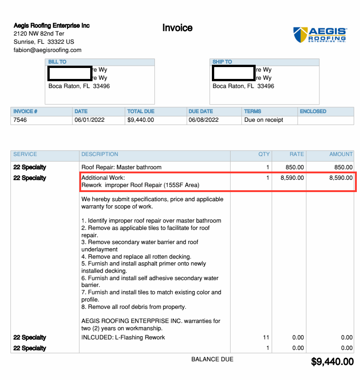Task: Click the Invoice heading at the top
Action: coord(177,28)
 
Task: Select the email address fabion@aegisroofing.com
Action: coord(47,50)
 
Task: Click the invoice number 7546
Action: coord(21,120)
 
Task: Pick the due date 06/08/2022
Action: coord(204,120)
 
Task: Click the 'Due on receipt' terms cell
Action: coord(264,120)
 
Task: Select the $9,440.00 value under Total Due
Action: coord(140,120)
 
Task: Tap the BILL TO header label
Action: coord(57,62)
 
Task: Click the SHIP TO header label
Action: coord(222,62)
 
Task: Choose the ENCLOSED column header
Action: coord(313,111)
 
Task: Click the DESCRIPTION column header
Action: coord(100,154)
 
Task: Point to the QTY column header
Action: coord(264,154)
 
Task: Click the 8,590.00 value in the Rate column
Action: coord(292,178)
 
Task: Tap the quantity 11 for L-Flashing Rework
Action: coord(267,338)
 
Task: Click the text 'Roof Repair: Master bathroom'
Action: coord(121,167)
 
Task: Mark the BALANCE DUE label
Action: coord(212,359)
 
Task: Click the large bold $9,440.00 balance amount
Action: coord(332,362)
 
